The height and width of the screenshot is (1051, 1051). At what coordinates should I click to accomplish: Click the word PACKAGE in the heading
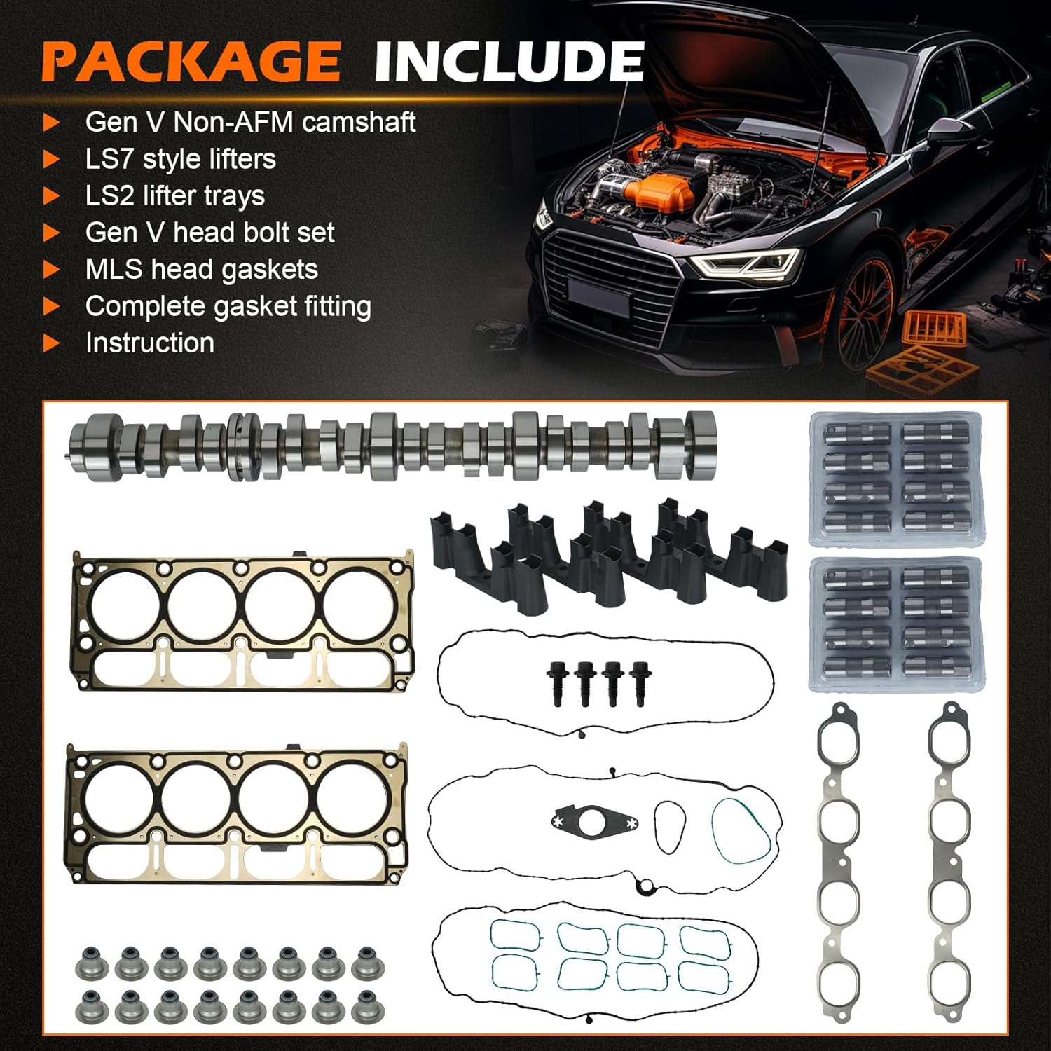click(x=191, y=62)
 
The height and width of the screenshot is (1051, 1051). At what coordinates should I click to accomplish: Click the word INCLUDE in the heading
click(x=509, y=62)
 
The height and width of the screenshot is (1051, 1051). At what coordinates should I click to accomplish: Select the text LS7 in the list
click(x=109, y=160)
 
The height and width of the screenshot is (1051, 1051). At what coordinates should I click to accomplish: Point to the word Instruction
click(x=149, y=343)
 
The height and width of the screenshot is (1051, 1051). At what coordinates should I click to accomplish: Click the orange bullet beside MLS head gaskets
click(x=51, y=270)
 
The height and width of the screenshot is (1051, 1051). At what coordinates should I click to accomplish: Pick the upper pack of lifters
click(x=895, y=479)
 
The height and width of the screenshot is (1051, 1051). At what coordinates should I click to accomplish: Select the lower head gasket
click(x=237, y=813)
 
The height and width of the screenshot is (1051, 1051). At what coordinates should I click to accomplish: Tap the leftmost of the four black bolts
click(x=557, y=683)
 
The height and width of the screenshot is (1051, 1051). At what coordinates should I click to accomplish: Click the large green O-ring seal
click(x=742, y=830)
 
